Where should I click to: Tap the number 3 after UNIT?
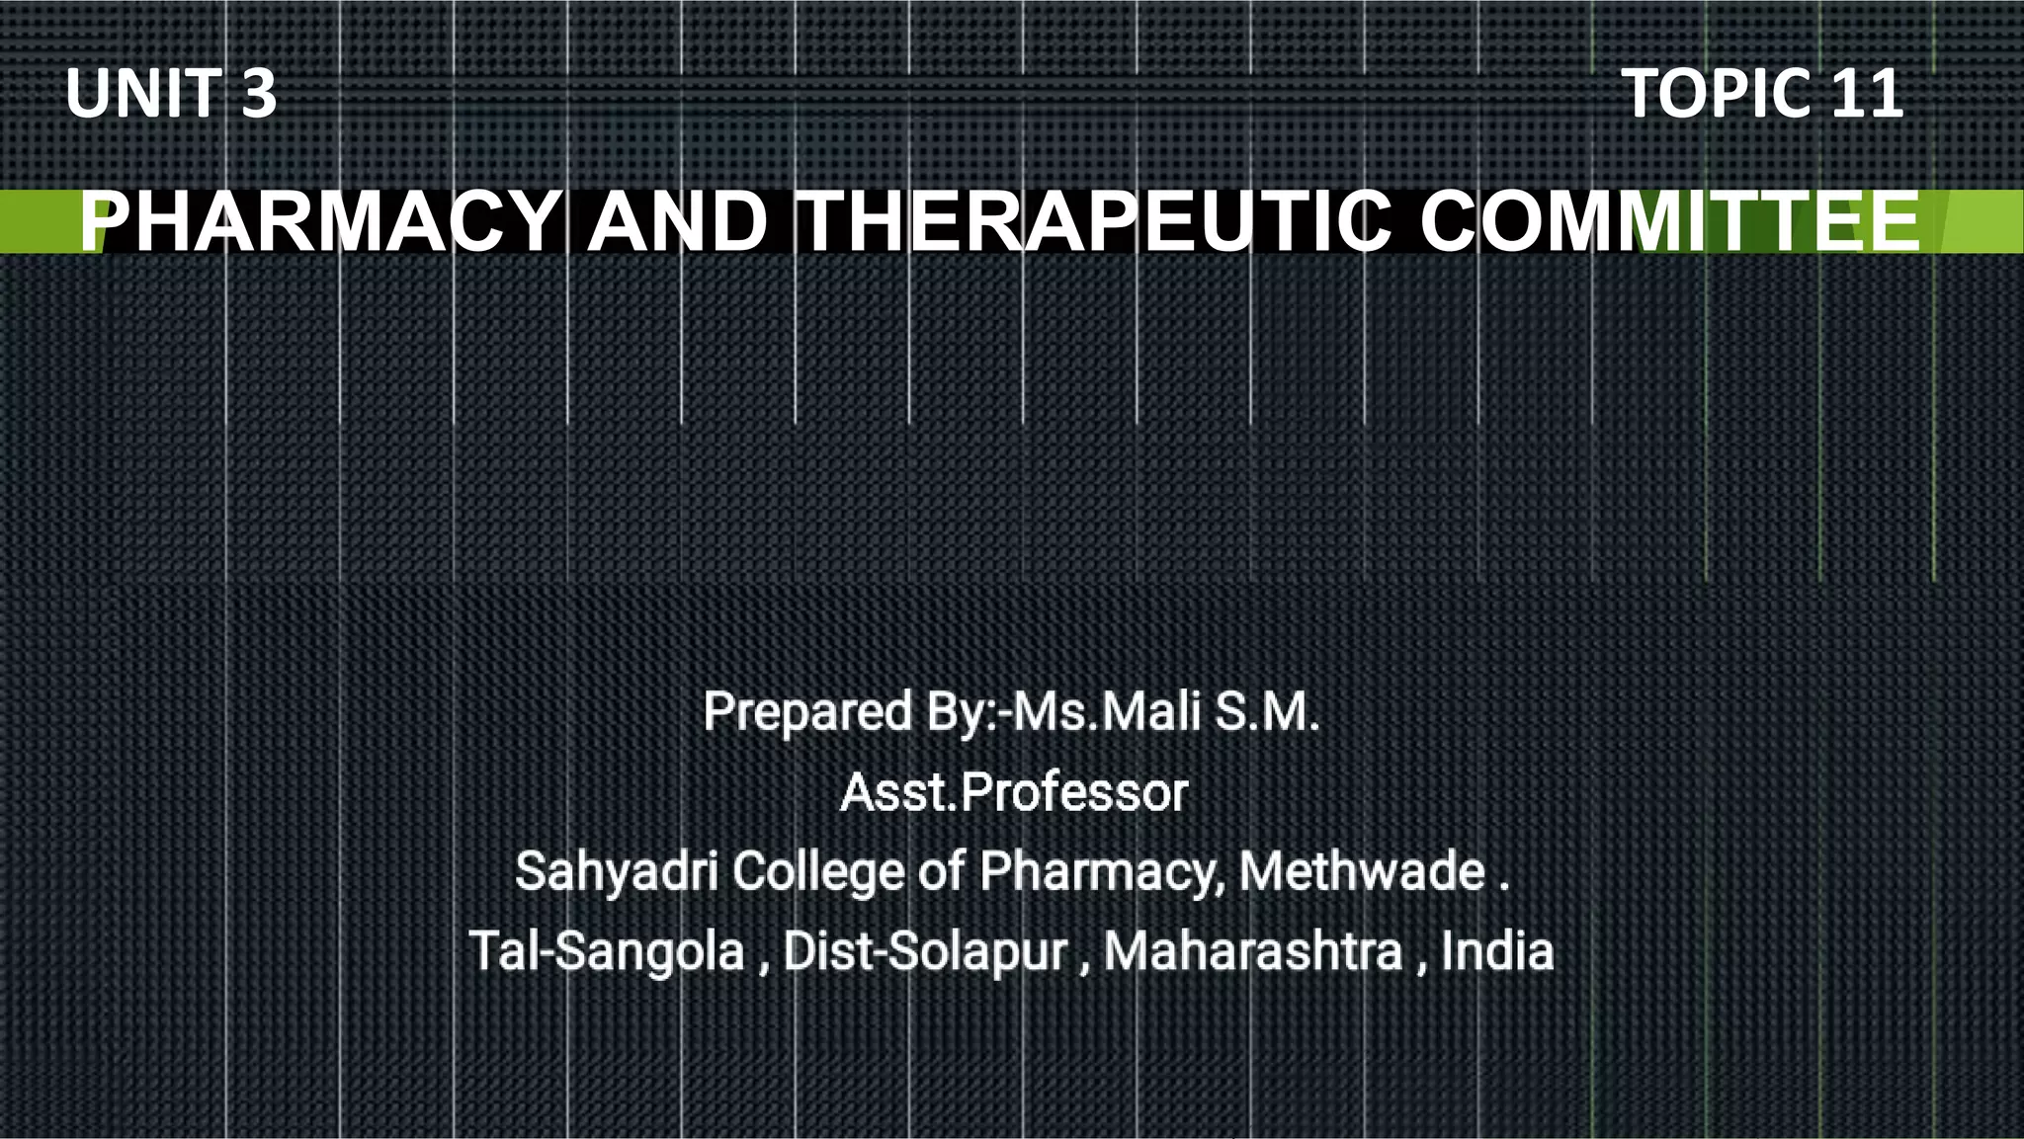[x=258, y=94]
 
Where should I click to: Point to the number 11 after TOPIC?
[x=1867, y=94]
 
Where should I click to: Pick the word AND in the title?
[x=678, y=222]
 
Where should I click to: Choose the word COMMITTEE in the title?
[x=1670, y=222]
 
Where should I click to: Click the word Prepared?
[x=807, y=712]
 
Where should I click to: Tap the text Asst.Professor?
[x=1014, y=792]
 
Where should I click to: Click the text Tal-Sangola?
[x=607, y=951]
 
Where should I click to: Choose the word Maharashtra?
[x=1252, y=951]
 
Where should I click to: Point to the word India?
[x=1496, y=951]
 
